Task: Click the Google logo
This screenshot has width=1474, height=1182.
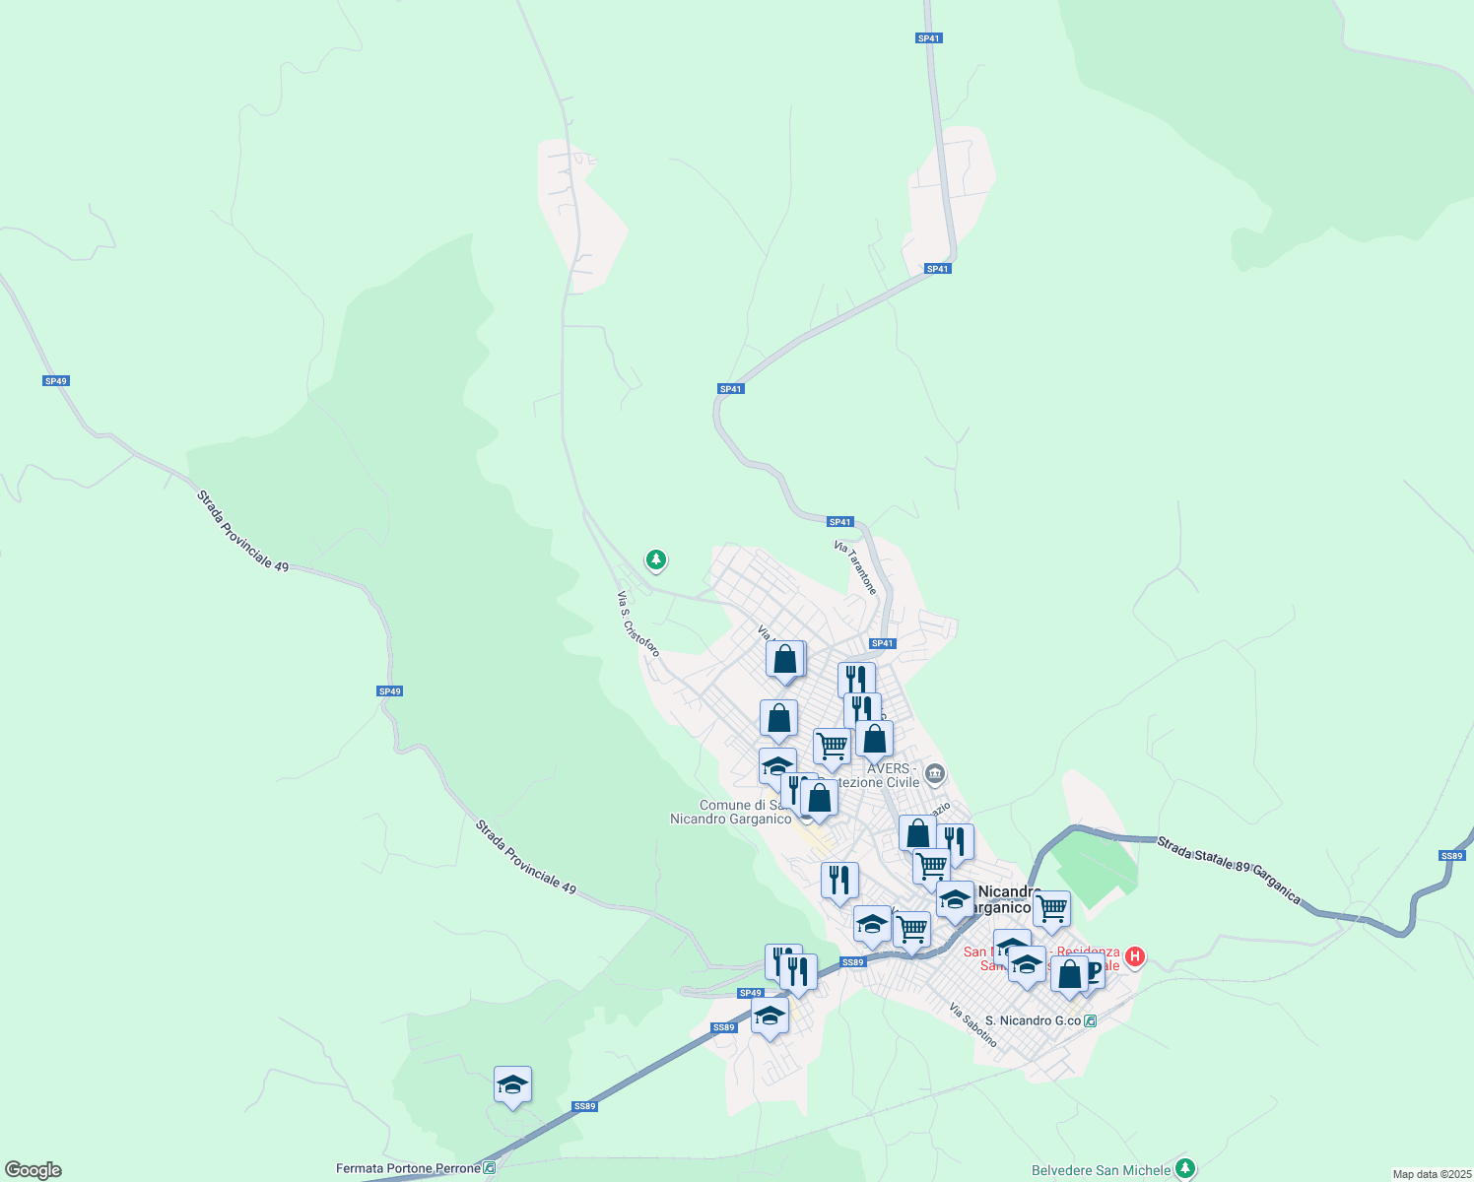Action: [x=33, y=1170]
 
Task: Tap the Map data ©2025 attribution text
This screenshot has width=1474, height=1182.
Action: [x=1431, y=1174]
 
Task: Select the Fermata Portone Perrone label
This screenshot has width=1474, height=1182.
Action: [x=408, y=1168]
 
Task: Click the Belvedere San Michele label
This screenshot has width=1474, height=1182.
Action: [x=1101, y=1170]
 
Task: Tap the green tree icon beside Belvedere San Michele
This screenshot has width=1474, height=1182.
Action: [x=1185, y=1169]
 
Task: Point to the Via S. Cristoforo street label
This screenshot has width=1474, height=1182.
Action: [x=637, y=624]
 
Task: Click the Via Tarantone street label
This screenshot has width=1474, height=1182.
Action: [x=854, y=567]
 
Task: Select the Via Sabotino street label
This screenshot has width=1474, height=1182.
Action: [x=973, y=1024]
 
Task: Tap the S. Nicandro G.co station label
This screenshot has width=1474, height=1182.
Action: [x=1033, y=1020]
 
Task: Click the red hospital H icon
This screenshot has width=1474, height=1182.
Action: [x=1134, y=956]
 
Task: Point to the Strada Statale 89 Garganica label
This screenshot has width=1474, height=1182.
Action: [x=1229, y=870]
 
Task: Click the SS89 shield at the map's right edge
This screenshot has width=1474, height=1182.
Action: [x=1451, y=855]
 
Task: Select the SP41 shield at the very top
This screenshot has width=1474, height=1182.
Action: [x=928, y=38]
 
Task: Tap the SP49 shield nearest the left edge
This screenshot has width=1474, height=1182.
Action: [x=56, y=381]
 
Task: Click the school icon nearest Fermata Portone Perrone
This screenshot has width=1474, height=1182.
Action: [x=512, y=1085]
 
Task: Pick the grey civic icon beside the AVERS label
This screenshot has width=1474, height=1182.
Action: [x=935, y=773]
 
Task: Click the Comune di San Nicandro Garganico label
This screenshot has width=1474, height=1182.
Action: [x=731, y=812]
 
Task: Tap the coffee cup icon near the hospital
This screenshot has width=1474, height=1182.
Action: [x=1091, y=971]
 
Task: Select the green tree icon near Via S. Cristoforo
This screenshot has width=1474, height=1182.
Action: [x=655, y=560]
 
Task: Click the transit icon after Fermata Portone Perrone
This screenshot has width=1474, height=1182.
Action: [x=490, y=1168]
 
